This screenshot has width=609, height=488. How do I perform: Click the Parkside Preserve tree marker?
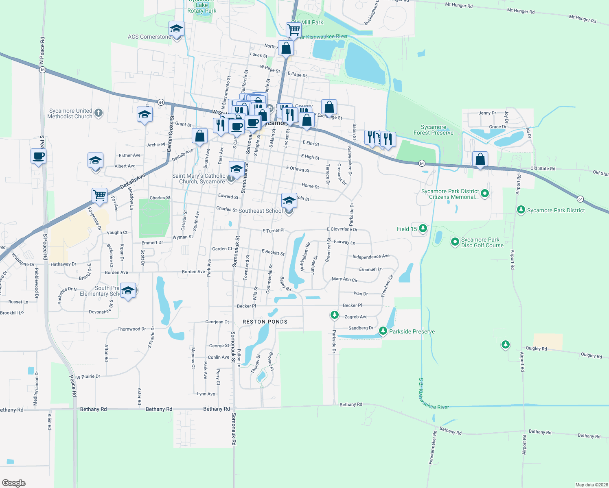383,331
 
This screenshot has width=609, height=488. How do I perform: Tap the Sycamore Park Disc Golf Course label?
482,242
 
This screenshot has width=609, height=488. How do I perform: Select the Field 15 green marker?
423,229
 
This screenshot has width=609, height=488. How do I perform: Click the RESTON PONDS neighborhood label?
265,322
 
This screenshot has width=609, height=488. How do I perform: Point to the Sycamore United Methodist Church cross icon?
99,113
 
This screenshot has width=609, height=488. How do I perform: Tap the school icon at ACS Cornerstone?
176,29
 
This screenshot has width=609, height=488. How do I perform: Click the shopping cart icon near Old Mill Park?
294,30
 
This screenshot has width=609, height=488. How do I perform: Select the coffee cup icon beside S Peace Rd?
38,156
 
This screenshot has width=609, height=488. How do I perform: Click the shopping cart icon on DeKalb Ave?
99,196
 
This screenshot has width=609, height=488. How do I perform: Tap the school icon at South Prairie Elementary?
128,290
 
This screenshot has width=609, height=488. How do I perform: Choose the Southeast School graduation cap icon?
289,200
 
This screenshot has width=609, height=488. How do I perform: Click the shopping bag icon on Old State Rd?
480,159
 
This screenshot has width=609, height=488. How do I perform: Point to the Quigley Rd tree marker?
506,345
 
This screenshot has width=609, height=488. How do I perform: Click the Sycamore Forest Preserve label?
433,130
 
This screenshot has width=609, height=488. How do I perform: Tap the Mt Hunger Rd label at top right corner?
583,19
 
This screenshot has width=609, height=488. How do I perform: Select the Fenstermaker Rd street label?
433,447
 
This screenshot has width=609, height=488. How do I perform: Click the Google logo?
14,483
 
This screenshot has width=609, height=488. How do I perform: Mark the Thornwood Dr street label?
131,329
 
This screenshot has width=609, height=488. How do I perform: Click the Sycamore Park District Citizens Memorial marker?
484,194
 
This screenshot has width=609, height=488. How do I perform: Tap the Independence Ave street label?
371,257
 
